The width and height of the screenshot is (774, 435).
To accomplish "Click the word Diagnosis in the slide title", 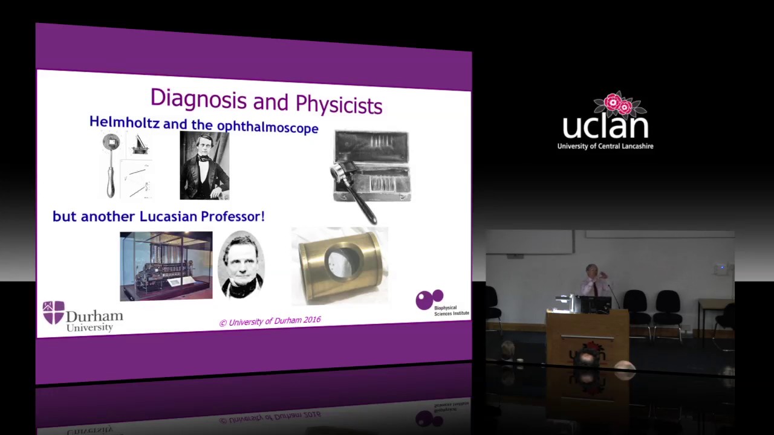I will pyautogui.click(x=190, y=98).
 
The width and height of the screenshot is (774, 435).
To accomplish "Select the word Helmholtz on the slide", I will pyautogui.click(x=124, y=122).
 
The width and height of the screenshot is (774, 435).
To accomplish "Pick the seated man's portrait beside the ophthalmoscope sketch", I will pyautogui.click(x=204, y=165).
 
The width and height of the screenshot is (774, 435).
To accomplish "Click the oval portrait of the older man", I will pyautogui.click(x=241, y=265).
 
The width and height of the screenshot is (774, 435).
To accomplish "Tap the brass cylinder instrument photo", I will pyautogui.click(x=340, y=265).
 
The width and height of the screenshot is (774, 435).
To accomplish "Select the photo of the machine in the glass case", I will pyautogui.click(x=166, y=266).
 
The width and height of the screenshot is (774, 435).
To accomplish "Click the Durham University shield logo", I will pyautogui.click(x=53, y=312).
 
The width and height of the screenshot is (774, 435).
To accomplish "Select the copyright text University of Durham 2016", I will pyautogui.click(x=270, y=321).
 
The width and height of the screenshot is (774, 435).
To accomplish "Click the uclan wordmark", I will pyautogui.click(x=605, y=126).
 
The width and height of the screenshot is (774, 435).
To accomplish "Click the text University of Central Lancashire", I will pyautogui.click(x=605, y=146).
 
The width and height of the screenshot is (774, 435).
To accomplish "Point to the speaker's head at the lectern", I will pyautogui.click(x=590, y=271).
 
